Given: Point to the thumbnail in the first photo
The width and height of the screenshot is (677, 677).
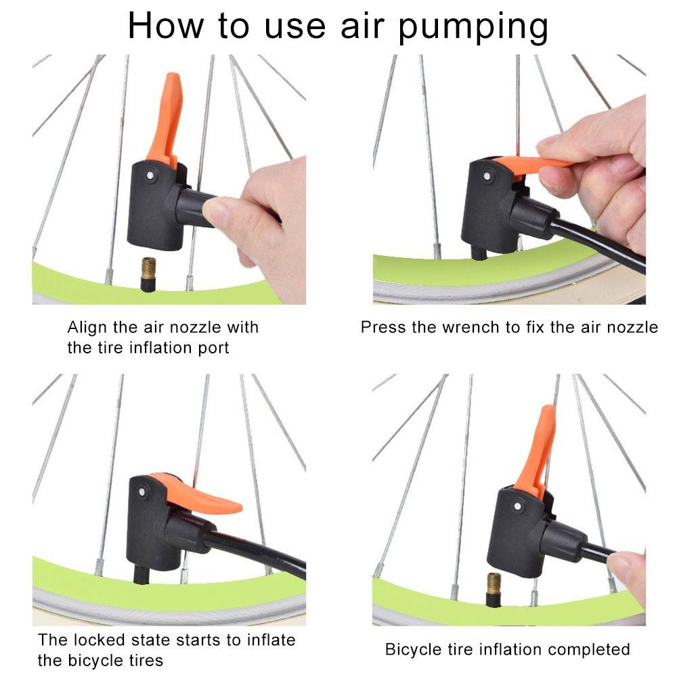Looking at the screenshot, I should tap(217, 212).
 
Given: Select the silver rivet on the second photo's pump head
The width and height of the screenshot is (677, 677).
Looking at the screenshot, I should tap(487, 177).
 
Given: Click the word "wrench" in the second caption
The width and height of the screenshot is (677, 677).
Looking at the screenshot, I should tap(469, 328).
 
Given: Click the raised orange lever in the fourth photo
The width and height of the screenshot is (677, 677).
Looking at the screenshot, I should tap(538, 450).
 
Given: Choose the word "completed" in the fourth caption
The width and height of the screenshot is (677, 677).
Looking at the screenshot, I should tap(588, 650).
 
